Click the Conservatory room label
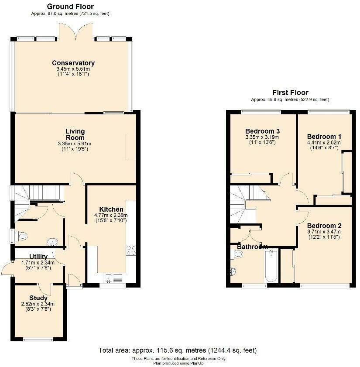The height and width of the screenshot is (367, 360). click(x=73, y=63)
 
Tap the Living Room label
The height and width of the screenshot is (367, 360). click(x=75, y=134)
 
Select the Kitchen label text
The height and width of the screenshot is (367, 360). click(x=111, y=209)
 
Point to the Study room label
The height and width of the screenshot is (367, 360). click(x=38, y=298)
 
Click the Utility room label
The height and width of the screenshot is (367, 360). click(x=38, y=257)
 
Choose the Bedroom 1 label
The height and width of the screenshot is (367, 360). click(x=324, y=137)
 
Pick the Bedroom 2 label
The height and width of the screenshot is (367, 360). click(x=324, y=226)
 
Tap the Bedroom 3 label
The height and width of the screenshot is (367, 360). click(x=262, y=131)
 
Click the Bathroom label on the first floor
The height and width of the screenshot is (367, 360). click(x=252, y=247)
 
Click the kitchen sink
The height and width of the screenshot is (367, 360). click(x=113, y=278)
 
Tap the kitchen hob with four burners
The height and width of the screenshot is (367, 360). click(x=131, y=250)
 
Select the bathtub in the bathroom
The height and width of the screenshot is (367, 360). click(x=271, y=266)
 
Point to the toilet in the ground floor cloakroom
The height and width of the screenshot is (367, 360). click(x=21, y=236)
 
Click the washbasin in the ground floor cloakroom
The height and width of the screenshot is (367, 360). click(x=52, y=242)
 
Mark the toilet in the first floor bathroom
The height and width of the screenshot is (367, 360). click(x=237, y=254)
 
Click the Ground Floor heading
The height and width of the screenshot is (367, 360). click(x=70, y=7)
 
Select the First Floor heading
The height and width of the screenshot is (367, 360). click(x=290, y=93)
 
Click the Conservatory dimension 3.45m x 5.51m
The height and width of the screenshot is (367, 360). click(x=73, y=69)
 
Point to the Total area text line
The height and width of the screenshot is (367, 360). click(x=178, y=350)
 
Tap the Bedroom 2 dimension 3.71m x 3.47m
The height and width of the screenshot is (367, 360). click(x=324, y=232)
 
